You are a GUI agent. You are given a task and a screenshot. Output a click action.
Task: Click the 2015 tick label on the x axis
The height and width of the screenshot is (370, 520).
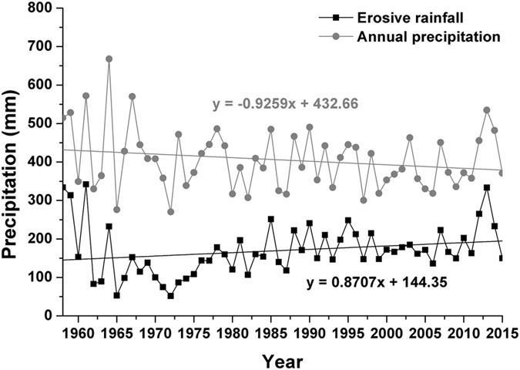point(502,333)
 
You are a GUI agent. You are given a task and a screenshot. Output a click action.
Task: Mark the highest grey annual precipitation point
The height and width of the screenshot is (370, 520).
point(109,59)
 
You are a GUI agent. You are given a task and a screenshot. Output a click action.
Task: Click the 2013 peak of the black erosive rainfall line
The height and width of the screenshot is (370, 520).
point(487,187)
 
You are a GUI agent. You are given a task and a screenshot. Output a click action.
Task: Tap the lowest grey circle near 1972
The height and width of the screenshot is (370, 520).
point(170,211)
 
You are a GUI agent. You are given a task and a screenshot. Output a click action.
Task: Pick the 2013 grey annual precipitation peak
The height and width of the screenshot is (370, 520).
point(487,110)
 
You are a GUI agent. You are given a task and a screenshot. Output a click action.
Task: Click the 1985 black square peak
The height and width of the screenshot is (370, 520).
point(271,219)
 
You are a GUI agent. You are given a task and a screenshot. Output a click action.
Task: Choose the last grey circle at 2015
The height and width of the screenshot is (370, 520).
point(502,173)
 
